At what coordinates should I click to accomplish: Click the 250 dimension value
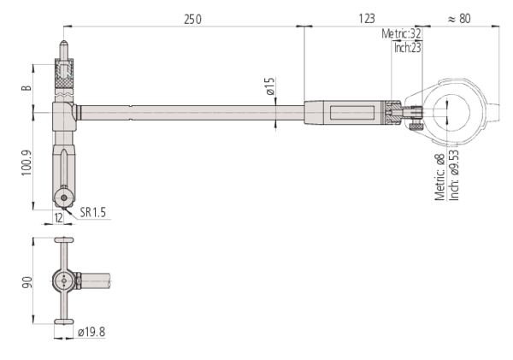pyautogui.click(x=192, y=20)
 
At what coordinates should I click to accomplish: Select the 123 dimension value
pyautogui.click(x=367, y=19)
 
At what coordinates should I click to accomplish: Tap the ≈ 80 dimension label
pyautogui.click(x=459, y=19)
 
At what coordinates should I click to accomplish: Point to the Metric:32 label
pyautogui.click(x=401, y=33)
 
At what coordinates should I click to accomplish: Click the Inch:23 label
pyautogui.click(x=407, y=48)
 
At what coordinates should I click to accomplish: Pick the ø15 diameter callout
pyautogui.click(x=270, y=86)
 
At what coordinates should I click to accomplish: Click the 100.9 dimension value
pyautogui.click(x=27, y=162)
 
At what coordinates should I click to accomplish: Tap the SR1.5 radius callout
pyautogui.click(x=93, y=212)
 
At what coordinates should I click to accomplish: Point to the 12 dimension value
pyautogui.click(x=58, y=218)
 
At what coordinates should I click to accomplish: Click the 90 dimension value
pyautogui.click(x=27, y=283)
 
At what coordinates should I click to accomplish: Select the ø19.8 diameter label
pyautogui.click(x=91, y=332)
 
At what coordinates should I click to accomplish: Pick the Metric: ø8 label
pyautogui.click(x=440, y=177)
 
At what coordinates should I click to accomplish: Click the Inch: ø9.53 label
pyautogui.click(x=455, y=175)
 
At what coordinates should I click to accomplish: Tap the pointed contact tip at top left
pyautogui.click(x=63, y=43)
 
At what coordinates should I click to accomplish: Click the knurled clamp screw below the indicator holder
pyautogui.click(x=416, y=127)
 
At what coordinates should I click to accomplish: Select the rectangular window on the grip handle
pyautogui.click(x=352, y=113)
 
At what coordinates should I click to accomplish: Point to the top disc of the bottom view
pyautogui.click(x=64, y=240)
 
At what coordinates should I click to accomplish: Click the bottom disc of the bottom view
pyautogui.click(x=64, y=322)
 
